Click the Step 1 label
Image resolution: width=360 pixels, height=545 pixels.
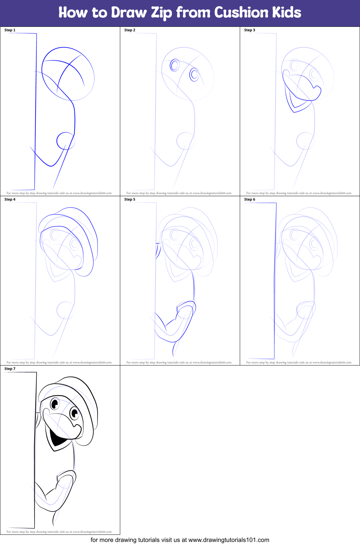tap(10, 30)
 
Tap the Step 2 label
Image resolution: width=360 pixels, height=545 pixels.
tap(130, 30)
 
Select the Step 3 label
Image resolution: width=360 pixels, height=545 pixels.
tap(250, 30)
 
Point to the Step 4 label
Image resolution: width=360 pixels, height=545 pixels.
tap(10, 200)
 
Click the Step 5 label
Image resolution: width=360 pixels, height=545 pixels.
tap(130, 200)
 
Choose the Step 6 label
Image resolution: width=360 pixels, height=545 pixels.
tap(250, 200)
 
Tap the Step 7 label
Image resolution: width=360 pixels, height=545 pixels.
tap(10, 369)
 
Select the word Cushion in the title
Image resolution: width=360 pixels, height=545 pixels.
tap(241, 13)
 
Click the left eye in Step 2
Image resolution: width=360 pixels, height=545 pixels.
tap(175, 65)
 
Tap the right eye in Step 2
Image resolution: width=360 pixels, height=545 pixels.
tap(194, 74)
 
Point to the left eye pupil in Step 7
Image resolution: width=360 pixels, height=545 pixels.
tap(54, 404)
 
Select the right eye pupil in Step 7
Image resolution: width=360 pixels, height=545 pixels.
tap(74, 413)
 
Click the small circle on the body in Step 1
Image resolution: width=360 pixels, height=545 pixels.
tap(65, 140)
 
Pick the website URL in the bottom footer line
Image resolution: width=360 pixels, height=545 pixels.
tap(229, 540)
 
